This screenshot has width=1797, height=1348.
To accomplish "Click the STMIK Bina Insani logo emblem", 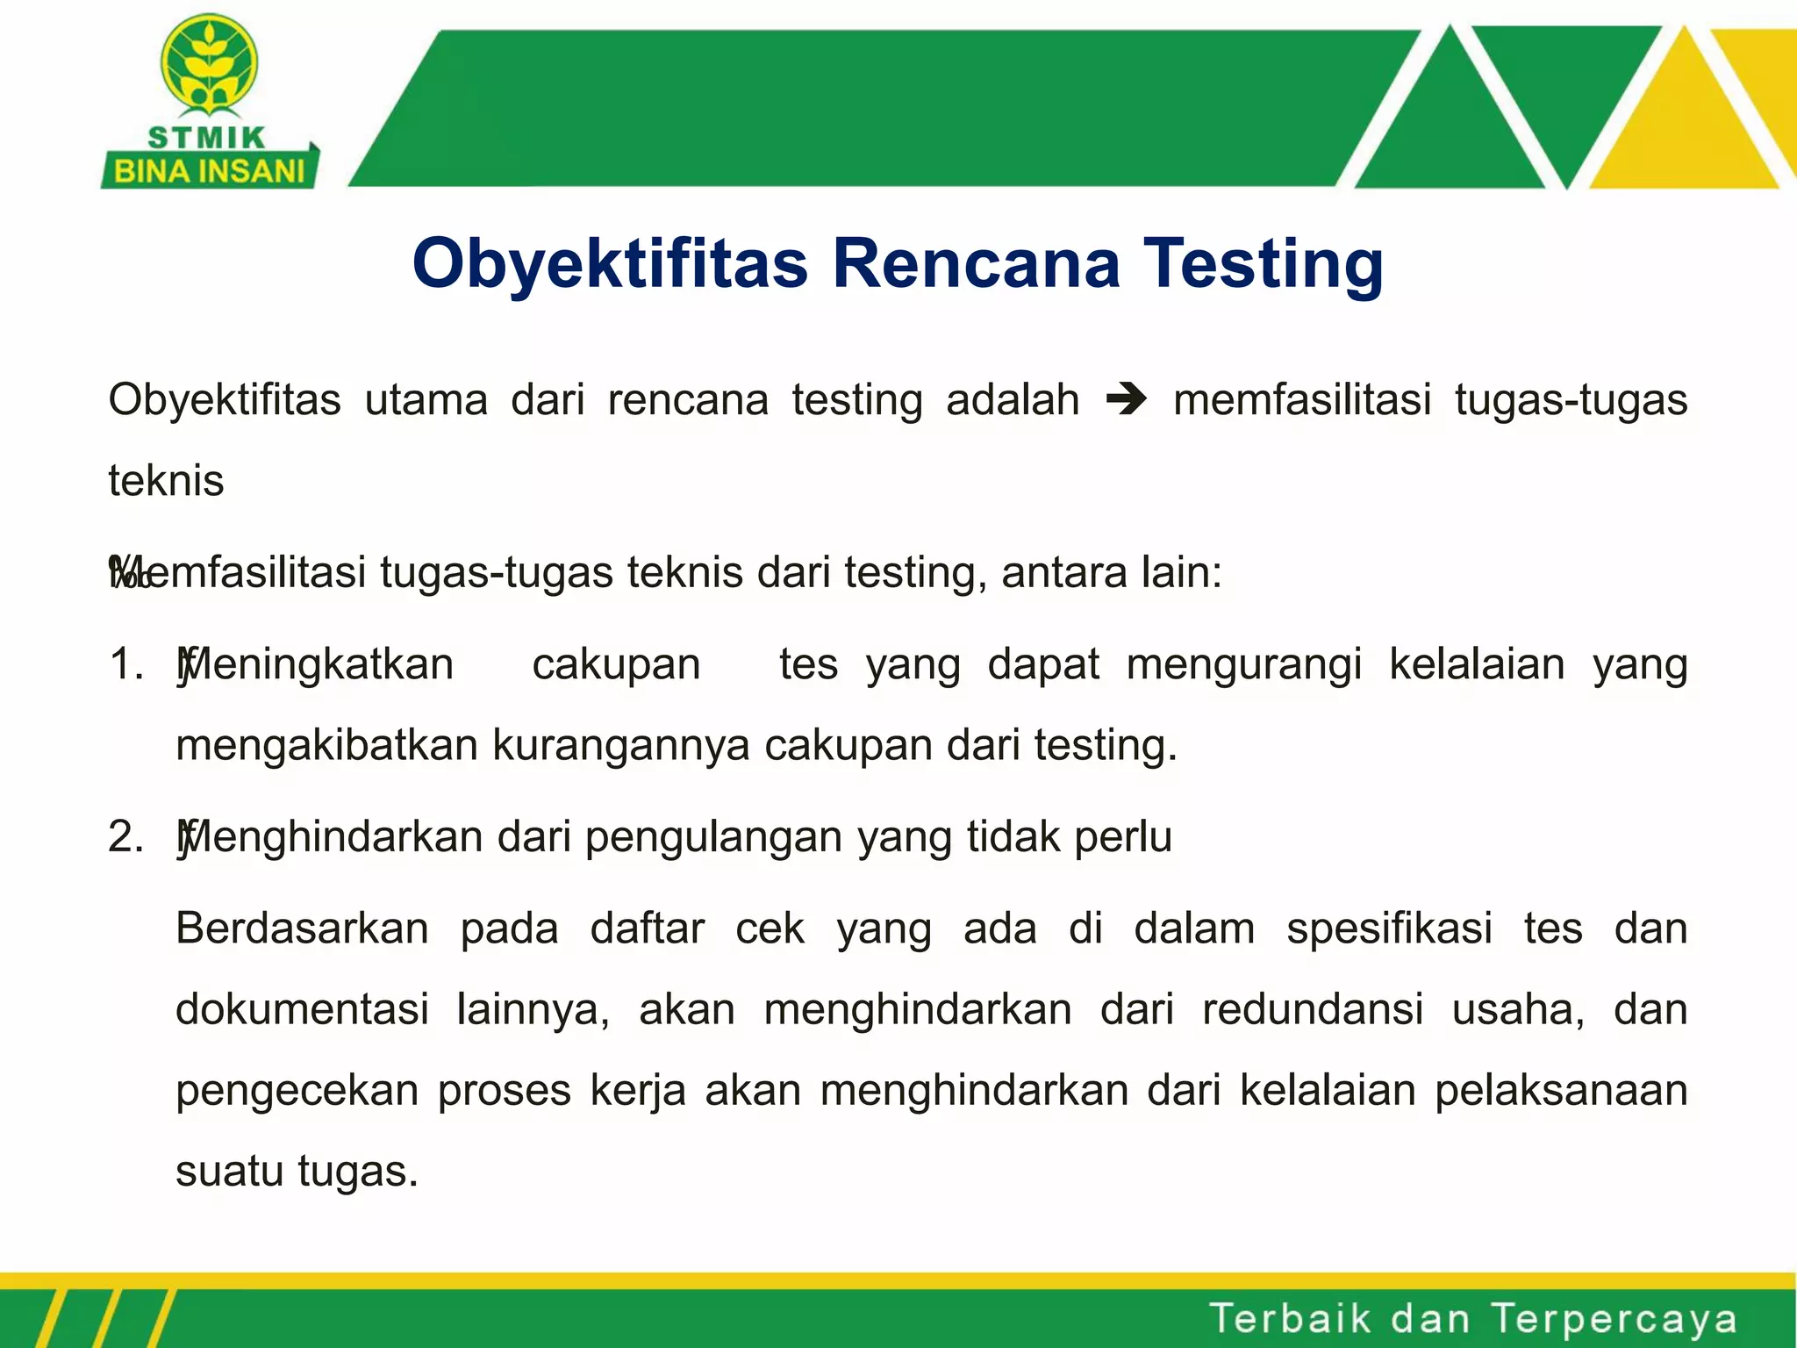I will pos(209,66).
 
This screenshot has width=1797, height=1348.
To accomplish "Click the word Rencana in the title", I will pos(976,263).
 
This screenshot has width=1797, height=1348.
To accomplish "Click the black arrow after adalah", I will pos(1126,400).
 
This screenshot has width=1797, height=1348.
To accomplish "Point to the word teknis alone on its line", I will pos(166,481).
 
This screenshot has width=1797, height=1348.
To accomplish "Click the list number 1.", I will pos(125,663).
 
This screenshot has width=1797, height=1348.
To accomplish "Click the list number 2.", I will pos(125,835).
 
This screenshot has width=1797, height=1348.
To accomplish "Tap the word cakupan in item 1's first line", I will pos(616,665).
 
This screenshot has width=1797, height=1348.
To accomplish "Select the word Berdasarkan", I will pos(302,928).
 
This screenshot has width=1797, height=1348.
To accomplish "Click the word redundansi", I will pos(1312,1009).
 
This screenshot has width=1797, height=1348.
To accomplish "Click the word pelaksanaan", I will pos(1561,1091).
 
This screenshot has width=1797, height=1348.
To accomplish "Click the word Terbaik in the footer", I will pos(1289,1318).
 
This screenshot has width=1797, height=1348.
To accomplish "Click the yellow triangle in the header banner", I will pos(1683,123).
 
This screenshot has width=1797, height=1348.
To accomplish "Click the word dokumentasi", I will pos(302,1009).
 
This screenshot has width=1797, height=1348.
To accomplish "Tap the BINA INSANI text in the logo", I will pos(209,170).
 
